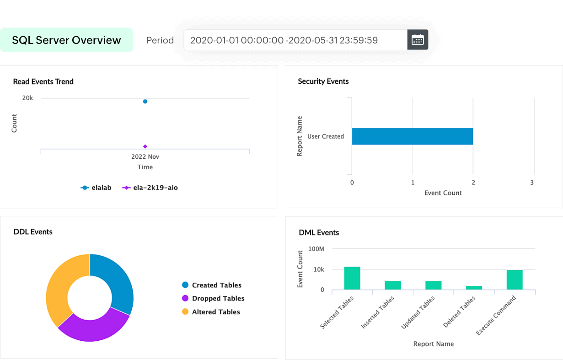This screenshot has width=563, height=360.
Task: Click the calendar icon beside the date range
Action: pyautogui.click(x=418, y=40)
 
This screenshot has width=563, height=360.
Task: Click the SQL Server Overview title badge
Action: pyautogui.click(x=66, y=40)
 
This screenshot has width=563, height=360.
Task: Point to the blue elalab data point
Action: pyautogui.click(x=145, y=102)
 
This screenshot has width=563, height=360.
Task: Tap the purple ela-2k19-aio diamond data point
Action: pyautogui.click(x=145, y=146)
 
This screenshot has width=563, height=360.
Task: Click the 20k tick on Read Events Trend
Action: pyautogui.click(x=27, y=98)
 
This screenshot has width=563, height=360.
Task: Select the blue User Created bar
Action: pyautogui.click(x=412, y=136)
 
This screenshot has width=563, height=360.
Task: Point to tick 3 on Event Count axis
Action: pyautogui.click(x=532, y=183)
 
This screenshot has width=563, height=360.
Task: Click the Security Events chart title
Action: pyautogui.click(x=323, y=81)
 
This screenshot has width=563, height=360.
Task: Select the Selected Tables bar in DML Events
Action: pyautogui.click(x=352, y=278)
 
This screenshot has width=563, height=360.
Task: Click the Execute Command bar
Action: pyautogui.click(x=515, y=279)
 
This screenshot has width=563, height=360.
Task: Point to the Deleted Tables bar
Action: pyautogui.click(x=474, y=288)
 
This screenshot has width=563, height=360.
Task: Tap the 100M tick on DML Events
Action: pyautogui.click(x=316, y=249)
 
